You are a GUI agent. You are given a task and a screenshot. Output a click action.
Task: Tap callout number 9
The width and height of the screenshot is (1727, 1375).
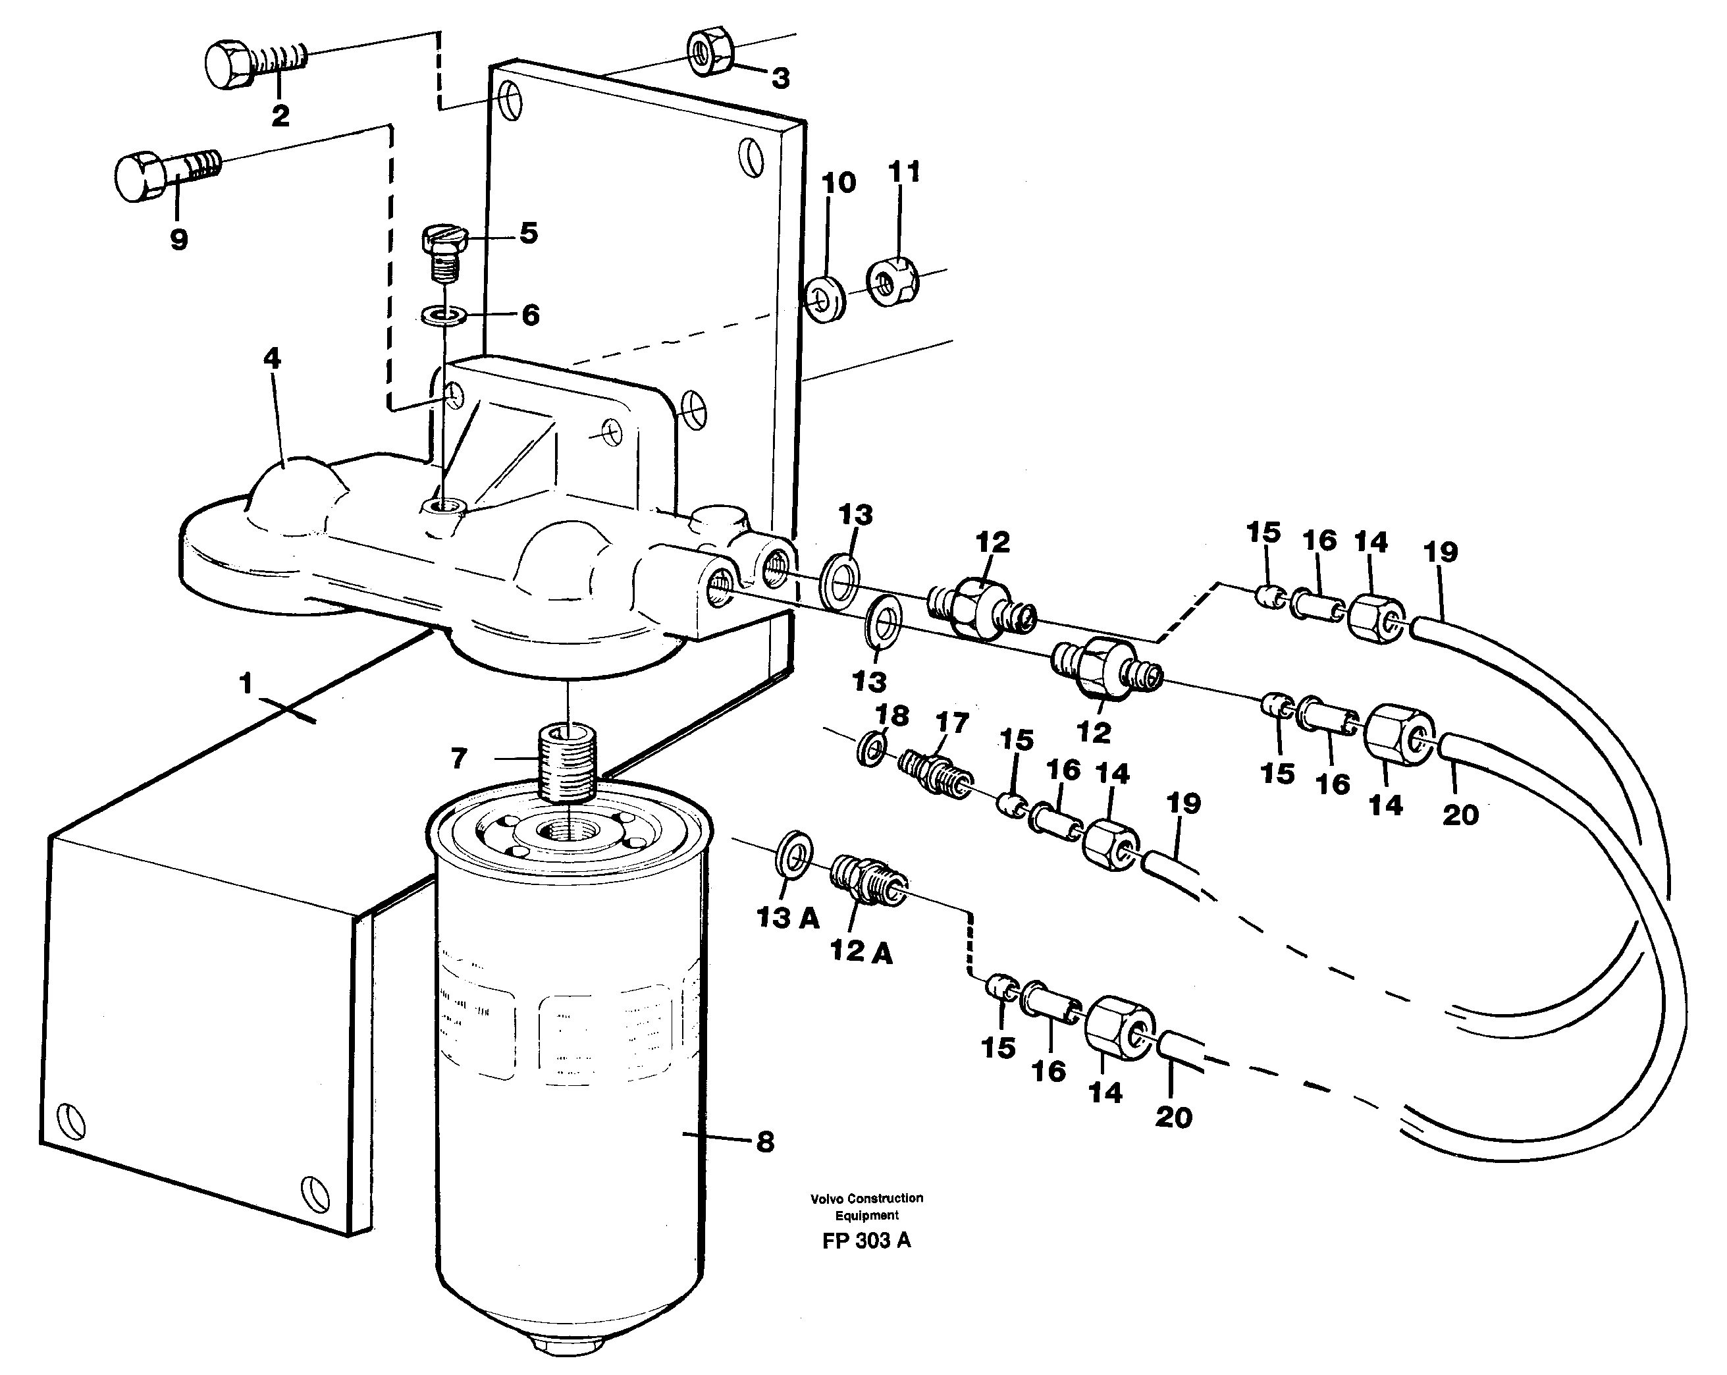point(178,239)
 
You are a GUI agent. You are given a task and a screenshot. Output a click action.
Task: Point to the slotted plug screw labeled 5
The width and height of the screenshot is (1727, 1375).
point(442,248)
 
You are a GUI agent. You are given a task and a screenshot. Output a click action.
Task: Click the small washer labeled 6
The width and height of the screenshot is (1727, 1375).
point(445,315)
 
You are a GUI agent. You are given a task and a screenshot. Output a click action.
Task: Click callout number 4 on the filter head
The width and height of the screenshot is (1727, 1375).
point(273,358)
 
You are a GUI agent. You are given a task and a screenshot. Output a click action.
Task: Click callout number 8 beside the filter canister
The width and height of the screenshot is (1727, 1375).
point(765,1142)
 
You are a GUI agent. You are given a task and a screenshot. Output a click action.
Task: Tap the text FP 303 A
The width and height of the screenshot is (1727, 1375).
point(866,1241)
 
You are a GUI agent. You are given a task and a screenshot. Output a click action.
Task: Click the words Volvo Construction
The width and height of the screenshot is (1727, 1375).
point(866,1199)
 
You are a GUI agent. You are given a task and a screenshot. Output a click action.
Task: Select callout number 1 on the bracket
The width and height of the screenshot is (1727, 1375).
point(245,684)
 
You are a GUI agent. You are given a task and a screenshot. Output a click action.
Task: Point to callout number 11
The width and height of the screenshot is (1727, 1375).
point(905,171)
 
